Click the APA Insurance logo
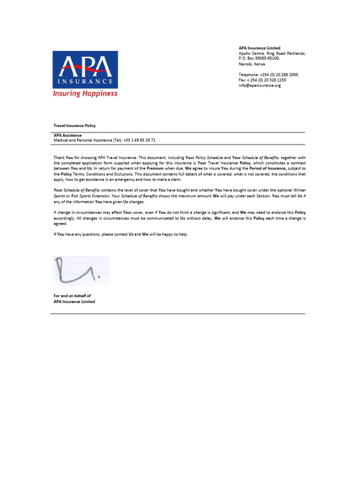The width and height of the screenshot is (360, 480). coord(85,69)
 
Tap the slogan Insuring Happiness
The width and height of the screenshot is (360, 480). coord(85,94)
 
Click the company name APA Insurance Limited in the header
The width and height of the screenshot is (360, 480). coord(259,48)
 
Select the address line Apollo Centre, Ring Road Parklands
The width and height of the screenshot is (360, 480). coord(272,53)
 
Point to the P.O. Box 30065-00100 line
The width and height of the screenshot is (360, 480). coord(259,59)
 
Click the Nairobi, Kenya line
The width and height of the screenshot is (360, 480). coord(252,64)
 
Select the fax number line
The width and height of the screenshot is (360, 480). coord(262,80)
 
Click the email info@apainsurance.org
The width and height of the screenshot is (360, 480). coord(259,86)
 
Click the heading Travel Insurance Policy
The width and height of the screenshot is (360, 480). coord(75,126)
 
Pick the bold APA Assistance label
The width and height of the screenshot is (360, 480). coord(67,135)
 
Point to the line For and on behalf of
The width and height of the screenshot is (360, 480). coord(72,296)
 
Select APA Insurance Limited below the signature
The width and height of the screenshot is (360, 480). coord(74,301)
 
